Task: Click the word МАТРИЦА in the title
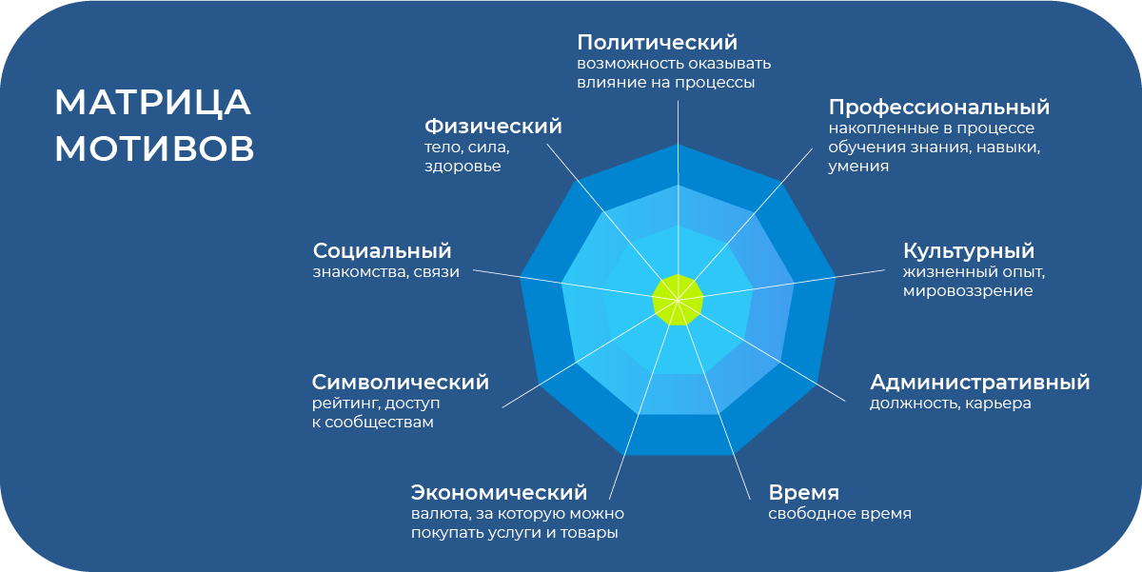(x=152, y=103)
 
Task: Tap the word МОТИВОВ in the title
(x=154, y=148)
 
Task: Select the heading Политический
(x=658, y=43)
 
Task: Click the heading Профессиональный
(x=939, y=107)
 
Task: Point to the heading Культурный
(x=969, y=251)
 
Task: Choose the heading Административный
(x=980, y=382)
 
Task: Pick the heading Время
(x=803, y=493)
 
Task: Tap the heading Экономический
(x=499, y=492)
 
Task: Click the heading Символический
(x=401, y=382)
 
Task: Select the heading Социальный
(x=382, y=251)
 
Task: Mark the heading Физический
(x=493, y=127)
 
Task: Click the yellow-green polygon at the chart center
(x=678, y=300)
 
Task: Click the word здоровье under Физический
(x=463, y=167)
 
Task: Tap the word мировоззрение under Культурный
(x=968, y=291)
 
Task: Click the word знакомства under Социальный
(x=361, y=272)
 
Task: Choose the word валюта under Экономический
(x=441, y=514)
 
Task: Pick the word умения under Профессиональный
(x=858, y=167)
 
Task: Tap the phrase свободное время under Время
(x=839, y=513)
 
